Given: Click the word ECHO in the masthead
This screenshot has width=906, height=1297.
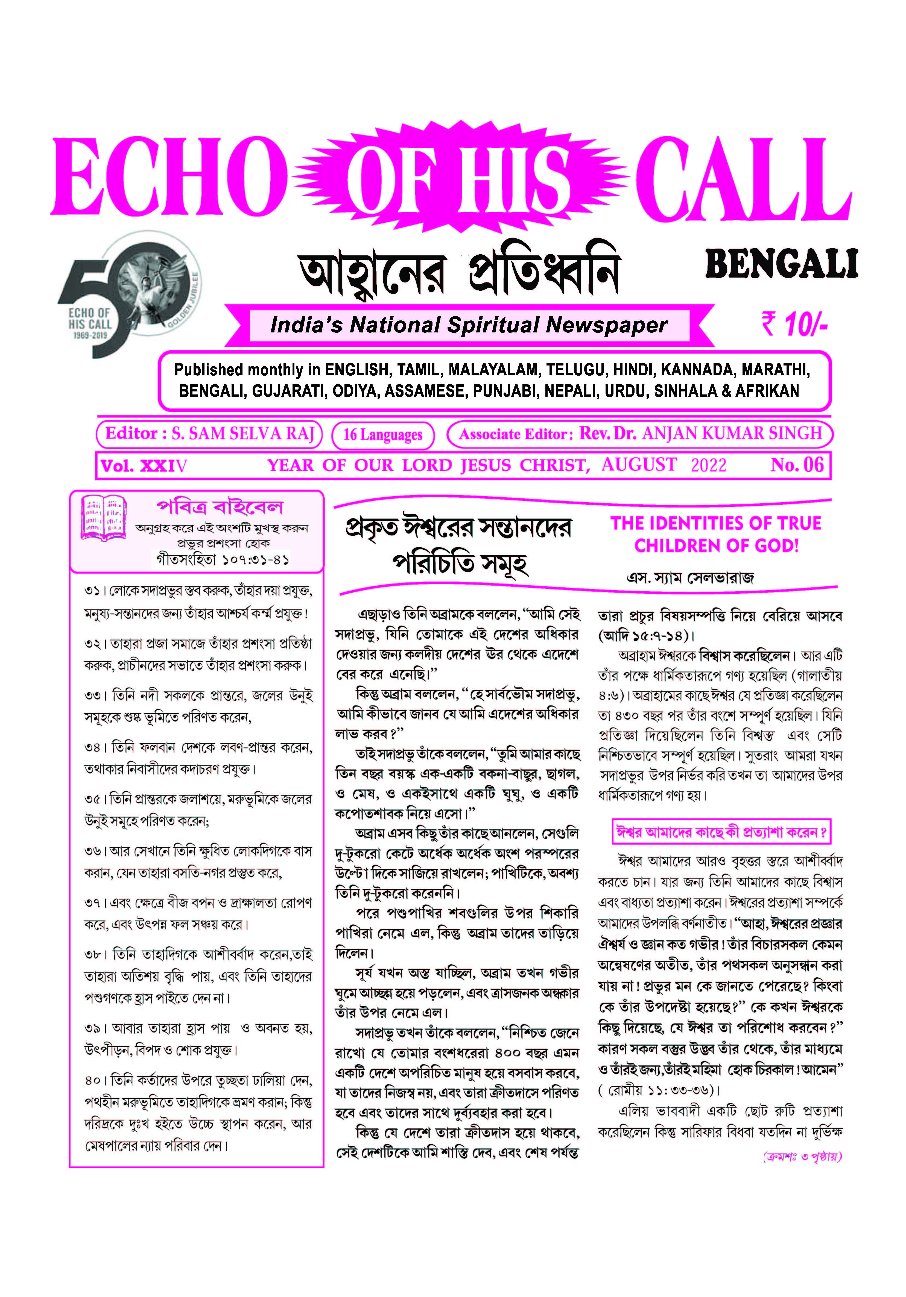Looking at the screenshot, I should [168, 177].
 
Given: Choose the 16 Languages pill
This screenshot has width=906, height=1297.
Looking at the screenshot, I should [383, 434].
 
